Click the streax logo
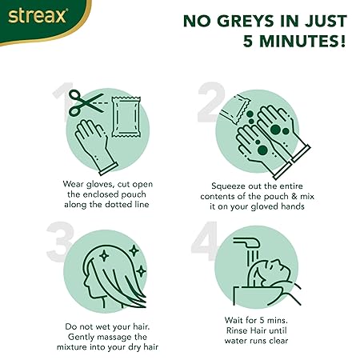point(38,16)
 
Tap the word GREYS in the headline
point(246,21)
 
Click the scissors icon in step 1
point(86,102)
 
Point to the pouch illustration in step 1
point(126,117)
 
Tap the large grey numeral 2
point(210,102)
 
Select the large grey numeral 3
point(60,242)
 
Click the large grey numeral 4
point(205,241)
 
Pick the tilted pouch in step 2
point(235,109)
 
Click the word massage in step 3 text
point(111,338)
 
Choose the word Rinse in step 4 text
point(236,330)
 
